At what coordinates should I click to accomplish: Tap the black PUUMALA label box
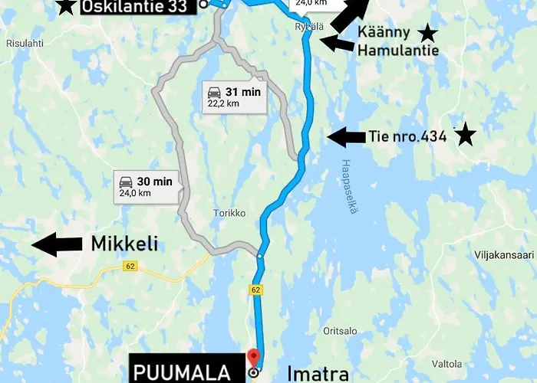point(183,372)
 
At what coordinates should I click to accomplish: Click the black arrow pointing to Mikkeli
point(57,244)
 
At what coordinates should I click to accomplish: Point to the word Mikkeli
point(125,244)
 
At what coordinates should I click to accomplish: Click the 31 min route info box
point(233,97)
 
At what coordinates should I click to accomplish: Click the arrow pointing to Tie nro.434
point(345,137)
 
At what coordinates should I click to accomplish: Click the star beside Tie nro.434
point(465,136)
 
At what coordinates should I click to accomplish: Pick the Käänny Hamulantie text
point(397,41)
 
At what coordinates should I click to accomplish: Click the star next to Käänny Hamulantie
point(427,33)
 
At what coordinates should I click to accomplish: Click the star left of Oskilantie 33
point(67,6)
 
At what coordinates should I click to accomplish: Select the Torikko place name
point(229,214)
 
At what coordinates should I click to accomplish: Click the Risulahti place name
point(25,44)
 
